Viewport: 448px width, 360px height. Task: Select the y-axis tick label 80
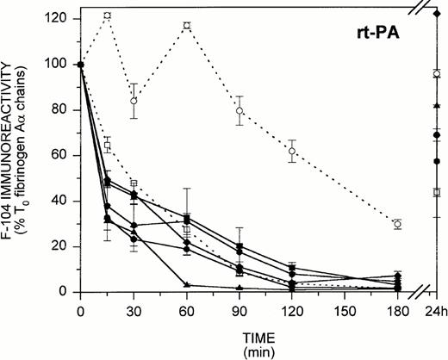62,110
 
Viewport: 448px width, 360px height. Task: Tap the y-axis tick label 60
62,156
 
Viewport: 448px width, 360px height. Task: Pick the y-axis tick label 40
62,202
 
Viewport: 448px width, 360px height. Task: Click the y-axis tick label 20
62,247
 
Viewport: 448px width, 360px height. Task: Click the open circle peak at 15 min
107,16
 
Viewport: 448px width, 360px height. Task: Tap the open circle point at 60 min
186,26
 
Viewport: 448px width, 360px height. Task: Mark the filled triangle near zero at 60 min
186,285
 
